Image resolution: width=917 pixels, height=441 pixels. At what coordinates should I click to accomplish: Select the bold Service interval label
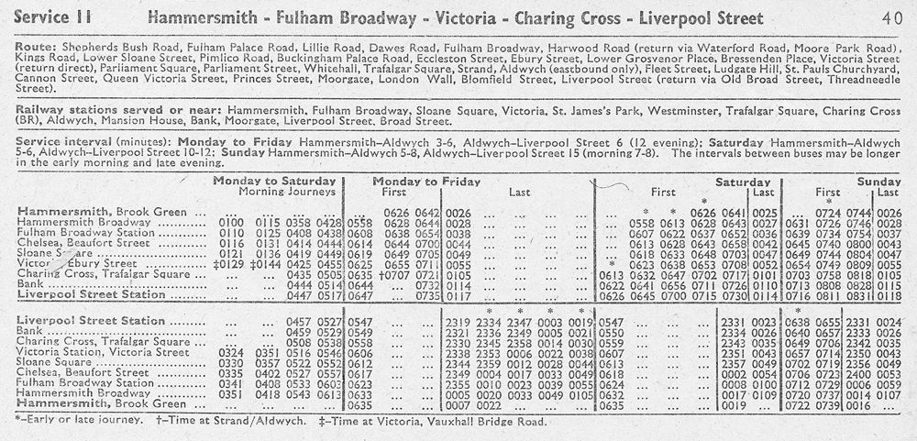(x=67, y=143)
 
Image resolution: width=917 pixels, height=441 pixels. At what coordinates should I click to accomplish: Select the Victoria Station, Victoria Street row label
(x=91, y=352)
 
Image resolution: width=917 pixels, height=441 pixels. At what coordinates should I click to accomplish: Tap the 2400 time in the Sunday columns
(x=858, y=373)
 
